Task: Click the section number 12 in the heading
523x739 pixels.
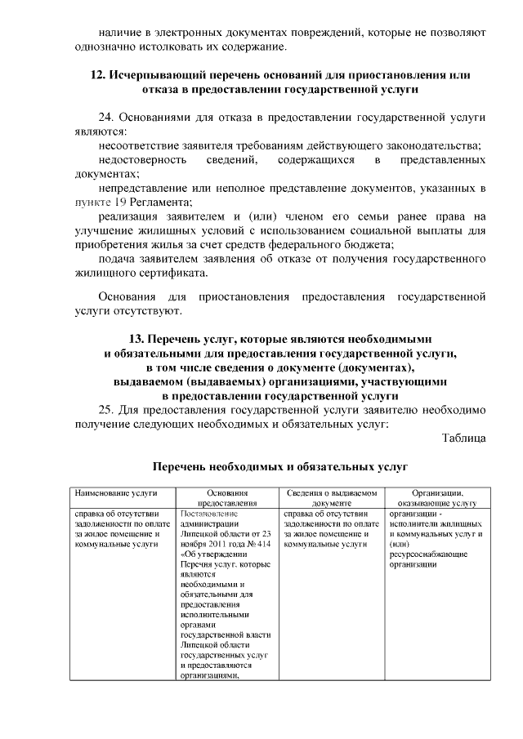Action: click(x=96, y=74)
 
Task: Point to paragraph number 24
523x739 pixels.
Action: click(x=106, y=116)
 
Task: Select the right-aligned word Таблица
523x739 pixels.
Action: click(x=463, y=439)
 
